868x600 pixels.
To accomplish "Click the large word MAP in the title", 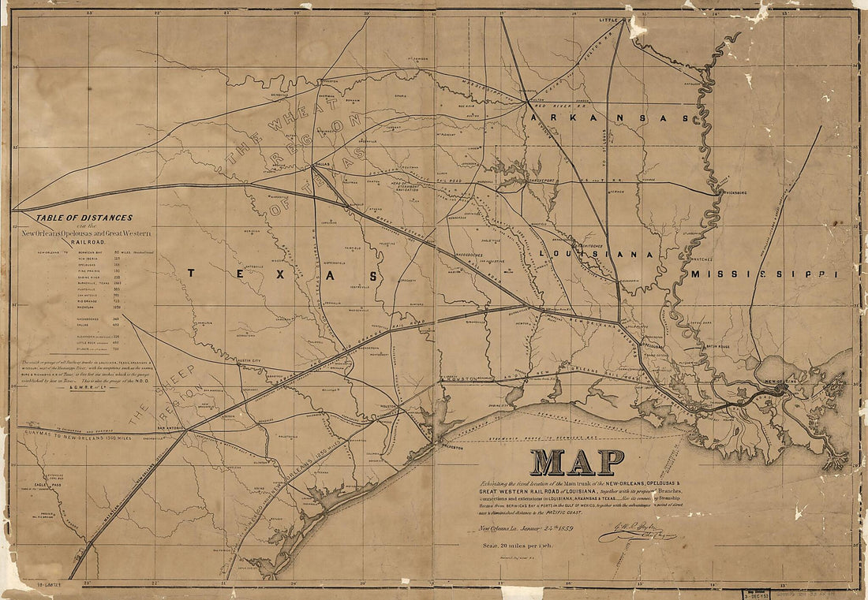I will click(577, 462).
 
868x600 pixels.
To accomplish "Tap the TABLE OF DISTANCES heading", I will click(84, 218).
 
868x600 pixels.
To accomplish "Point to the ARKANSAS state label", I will click(609, 117).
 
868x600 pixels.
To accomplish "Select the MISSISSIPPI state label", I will click(763, 274).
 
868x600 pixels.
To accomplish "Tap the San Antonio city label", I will click(170, 428).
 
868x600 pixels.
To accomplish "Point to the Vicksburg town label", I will click(730, 192).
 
